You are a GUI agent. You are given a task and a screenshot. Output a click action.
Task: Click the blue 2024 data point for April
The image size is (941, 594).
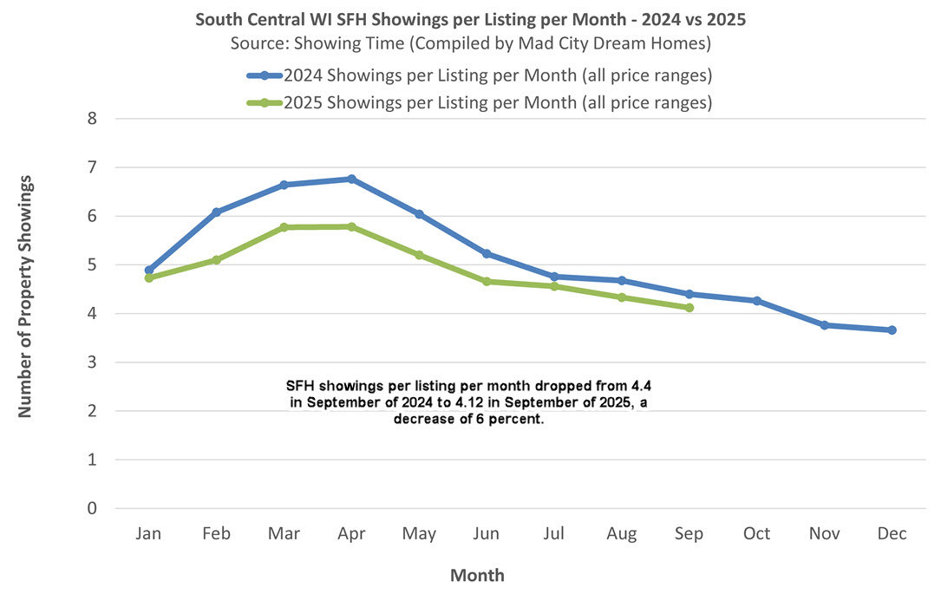pyautogui.click(x=351, y=179)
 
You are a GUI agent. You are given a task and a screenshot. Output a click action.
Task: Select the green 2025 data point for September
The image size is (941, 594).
pyautogui.click(x=689, y=308)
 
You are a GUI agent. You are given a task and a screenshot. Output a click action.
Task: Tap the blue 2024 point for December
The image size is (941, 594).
pyautogui.click(x=892, y=330)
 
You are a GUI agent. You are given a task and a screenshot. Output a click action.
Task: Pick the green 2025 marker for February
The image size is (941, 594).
pyautogui.click(x=216, y=259)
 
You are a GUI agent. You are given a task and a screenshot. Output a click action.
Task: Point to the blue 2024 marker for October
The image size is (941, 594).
pyautogui.click(x=756, y=301)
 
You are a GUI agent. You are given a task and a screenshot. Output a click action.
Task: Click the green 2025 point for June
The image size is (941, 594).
pyautogui.click(x=487, y=281)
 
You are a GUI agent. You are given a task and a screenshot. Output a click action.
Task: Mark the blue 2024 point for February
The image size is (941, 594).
pyautogui.click(x=216, y=212)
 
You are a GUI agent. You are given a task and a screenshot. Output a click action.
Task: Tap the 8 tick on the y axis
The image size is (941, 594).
pyautogui.click(x=90, y=119)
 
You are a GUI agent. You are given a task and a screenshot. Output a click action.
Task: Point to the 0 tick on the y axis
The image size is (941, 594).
pyautogui.click(x=90, y=509)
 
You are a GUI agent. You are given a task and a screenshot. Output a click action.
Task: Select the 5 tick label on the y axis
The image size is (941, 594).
pyautogui.click(x=90, y=265)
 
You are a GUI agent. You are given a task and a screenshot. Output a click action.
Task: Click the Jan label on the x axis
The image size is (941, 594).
pyautogui.click(x=148, y=534)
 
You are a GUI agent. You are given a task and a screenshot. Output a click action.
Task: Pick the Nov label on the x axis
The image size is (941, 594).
pyautogui.click(x=824, y=534)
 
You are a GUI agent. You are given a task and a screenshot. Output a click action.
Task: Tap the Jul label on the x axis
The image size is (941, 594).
pyautogui.click(x=553, y=534)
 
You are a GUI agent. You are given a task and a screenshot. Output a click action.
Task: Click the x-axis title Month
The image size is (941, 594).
pyautogui.click(x=477, y=575)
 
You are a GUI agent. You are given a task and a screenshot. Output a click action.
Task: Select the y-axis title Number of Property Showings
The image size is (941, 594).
pyautogui.click(x=26, y=297)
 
